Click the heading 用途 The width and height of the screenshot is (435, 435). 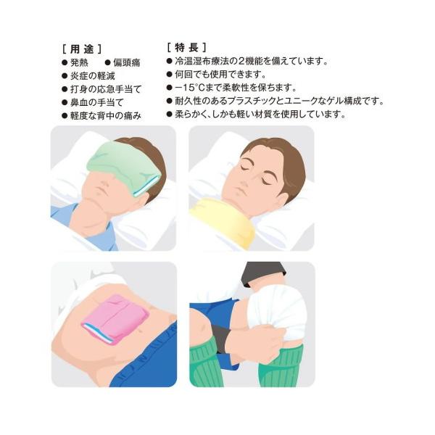(83, 49)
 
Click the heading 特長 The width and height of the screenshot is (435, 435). (187, 47)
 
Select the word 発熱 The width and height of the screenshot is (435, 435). (79, 62)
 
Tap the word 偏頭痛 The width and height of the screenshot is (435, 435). (126, 62)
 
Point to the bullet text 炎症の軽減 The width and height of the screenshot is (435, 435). (92, 76)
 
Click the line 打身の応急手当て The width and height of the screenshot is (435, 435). (106, 89)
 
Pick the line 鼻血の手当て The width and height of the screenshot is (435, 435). (97, 103)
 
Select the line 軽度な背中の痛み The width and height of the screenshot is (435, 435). (106, 116)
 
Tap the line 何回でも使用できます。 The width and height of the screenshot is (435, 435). (220, 75)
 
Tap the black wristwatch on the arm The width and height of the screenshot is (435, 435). (220, 339)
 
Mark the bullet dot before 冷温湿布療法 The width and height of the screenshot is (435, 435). (170, 61)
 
